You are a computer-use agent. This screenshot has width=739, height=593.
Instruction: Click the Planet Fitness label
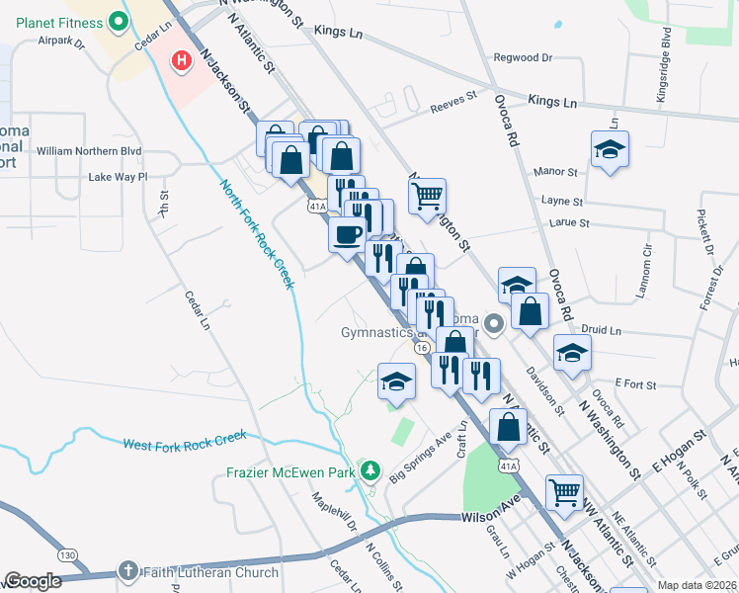pyautogui.click(x=52, y=22)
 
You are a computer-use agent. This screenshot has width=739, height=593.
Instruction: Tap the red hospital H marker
pyautogui.click(x=182, y=61)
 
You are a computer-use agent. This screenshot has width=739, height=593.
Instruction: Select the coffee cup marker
pyautogui.click(x=346, y=236)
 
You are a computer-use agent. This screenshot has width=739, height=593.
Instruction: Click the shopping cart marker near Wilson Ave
pyautogui.click(x=564, y=491)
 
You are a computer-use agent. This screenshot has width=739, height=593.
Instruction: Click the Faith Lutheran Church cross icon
pyautogui.click(x=128, y=571)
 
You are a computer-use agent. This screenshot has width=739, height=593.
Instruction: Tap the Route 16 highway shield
pyautogui.click(x=422, y=349)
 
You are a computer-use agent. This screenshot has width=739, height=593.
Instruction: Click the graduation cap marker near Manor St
pyautogui.click(x=610, y=150)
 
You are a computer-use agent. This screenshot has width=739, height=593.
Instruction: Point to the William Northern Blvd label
pyautogui.click(x=90, y=151)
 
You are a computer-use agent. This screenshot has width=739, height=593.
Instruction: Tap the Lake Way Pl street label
pyautogui.click(x=118, y=177)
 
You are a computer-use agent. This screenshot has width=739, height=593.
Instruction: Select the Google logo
pyautogui.click(x=33, y=581)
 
